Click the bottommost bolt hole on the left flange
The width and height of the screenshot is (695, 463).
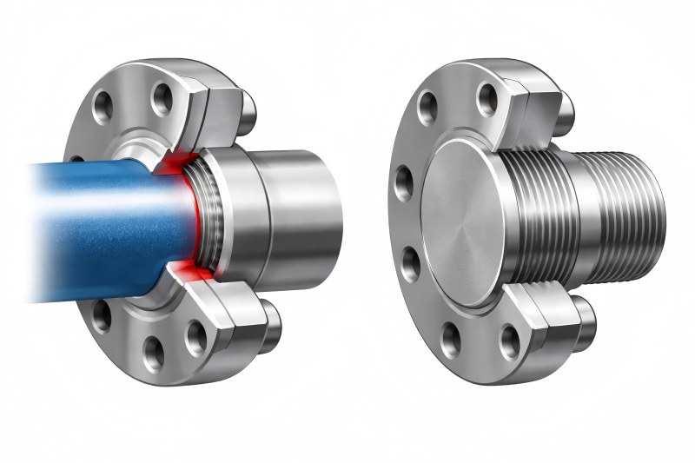(155, 352)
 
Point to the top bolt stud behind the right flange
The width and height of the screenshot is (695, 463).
(563, 109)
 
